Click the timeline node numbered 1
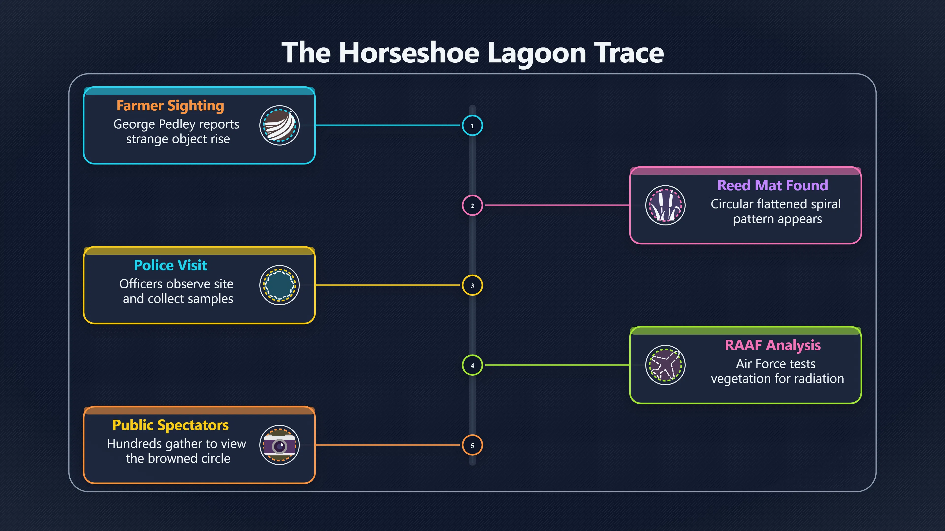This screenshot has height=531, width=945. pos(472,126)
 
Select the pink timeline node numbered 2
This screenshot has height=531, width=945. pos(472,206)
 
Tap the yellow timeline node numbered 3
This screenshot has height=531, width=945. pos(472,285)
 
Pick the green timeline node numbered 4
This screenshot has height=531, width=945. pos(472,365)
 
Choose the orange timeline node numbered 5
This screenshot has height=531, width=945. pos(472,445)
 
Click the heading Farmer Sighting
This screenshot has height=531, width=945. pos(170,105)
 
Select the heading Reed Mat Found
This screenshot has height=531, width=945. pos(772,185)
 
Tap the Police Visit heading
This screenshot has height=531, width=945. pos(170,265)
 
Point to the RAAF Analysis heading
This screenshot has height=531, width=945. pos(772,345)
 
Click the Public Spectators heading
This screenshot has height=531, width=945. pos(170,425)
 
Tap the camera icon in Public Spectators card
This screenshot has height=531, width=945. pos(280,445)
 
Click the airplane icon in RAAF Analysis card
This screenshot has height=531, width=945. pos(665,365)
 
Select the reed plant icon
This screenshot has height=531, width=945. pos(665,205)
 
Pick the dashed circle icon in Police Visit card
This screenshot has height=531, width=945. pos(280,285)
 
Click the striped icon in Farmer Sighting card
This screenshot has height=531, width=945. pos(280,125)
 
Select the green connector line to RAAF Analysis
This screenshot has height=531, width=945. pos(558,365)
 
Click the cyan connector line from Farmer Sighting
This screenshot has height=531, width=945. pos(387,125)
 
